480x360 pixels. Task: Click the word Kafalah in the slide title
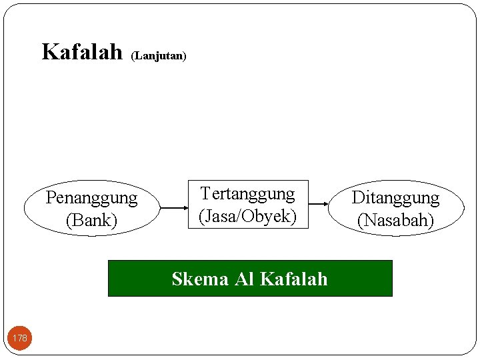pos(82,51)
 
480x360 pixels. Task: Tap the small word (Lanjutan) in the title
pos(159,56)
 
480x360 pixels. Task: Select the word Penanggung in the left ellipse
pos(91,198)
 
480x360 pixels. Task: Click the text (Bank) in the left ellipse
pos(91,220)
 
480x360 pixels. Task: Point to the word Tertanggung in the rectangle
pos(247,194)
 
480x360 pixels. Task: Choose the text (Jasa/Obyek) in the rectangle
pos(247,216)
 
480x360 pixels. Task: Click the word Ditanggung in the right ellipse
pos(395,198)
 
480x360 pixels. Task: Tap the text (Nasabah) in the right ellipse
pos(395,220)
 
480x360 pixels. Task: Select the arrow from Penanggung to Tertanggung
pos(174,208)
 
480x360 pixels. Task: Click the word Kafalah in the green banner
pos(293,279)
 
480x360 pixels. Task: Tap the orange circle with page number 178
pos(20,338)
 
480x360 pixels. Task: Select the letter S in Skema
pos(177,279)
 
